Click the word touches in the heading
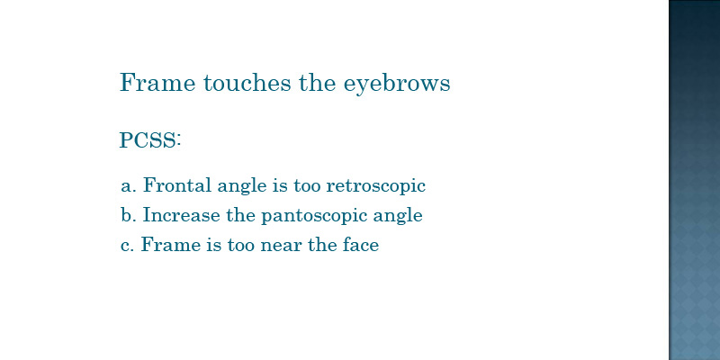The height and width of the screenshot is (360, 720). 247,83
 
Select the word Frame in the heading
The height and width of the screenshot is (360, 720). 157,83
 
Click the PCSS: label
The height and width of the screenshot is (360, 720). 150,140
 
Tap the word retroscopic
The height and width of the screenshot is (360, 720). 376,186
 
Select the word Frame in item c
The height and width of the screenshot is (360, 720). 171,244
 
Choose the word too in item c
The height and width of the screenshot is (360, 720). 241,245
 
